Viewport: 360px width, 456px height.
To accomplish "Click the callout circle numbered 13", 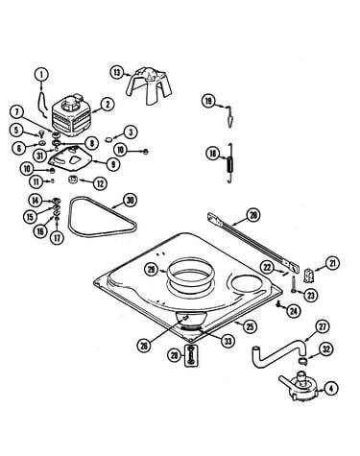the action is [x=117, y=72].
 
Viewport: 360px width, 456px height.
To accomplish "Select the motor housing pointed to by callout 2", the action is [x=71, y=114].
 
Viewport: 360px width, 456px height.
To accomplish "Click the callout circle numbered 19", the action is [x=208, y=102].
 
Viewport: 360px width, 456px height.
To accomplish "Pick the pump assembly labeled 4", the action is [x=300, y=386].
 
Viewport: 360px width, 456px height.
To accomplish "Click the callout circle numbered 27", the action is [x=322, y=326].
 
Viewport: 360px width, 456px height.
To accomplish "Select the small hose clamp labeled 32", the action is [x=302, y=361].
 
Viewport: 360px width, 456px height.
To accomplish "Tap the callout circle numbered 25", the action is [x=250, y=326].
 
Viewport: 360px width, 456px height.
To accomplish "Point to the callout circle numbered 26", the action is [x=144, y=345].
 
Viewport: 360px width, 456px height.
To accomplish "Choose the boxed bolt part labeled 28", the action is [x=191, y=355].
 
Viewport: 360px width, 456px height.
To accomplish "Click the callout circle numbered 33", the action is [x=228, y=342].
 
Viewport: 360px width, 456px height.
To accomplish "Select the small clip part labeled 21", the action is [x=307, y=276].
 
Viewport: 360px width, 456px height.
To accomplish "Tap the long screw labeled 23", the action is [x=293, y=284].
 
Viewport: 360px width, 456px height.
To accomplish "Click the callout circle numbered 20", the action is [x=253, y=215].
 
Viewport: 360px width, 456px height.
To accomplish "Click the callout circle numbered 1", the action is [x=41, y=75].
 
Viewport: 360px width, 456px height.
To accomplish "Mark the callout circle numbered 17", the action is [x=57, y=237].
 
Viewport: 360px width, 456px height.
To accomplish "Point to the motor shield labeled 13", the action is [x=150, y=85].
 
